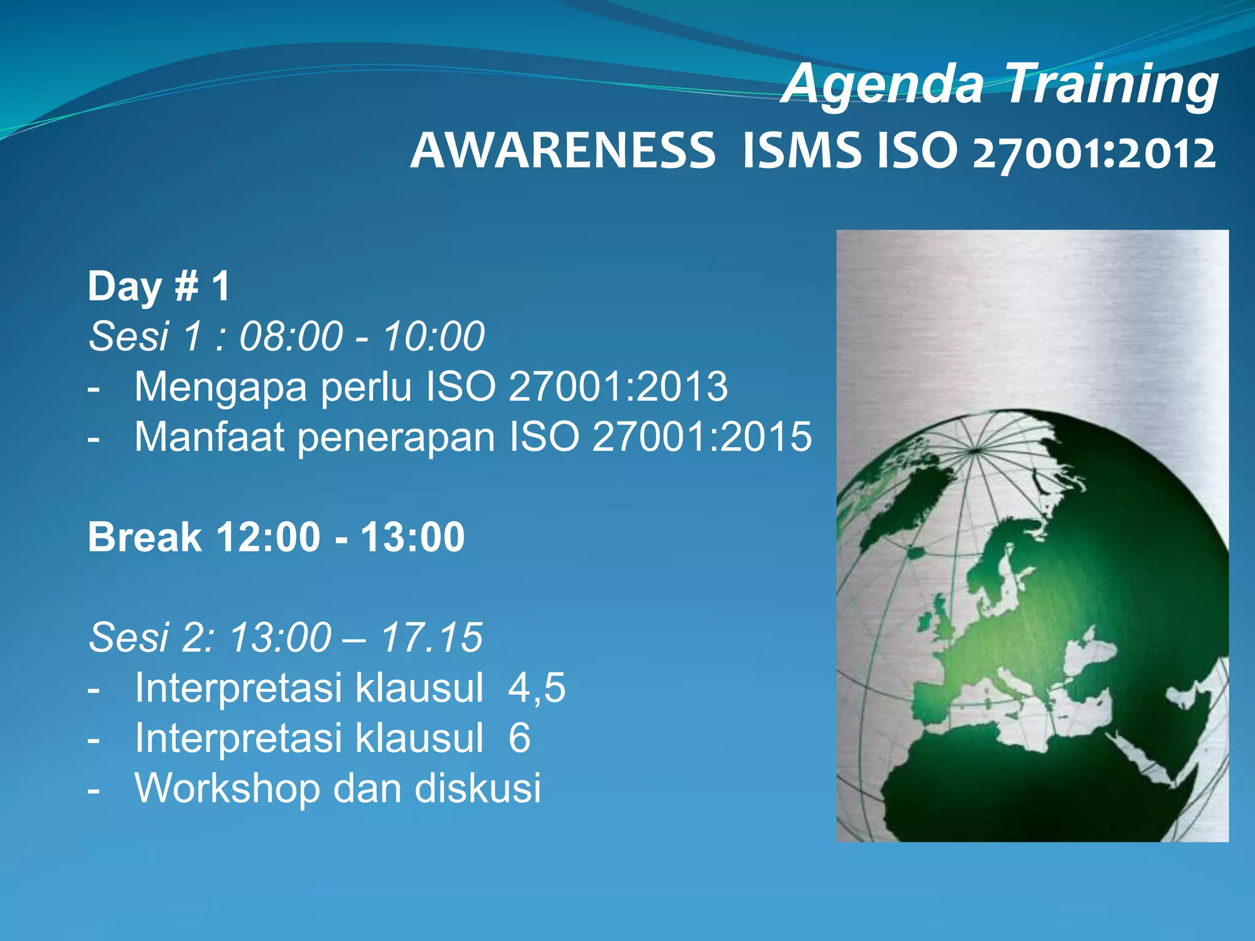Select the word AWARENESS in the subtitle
point(563,151)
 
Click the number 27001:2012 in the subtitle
point(1094,153)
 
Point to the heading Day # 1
point(159,286)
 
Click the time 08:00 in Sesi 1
point(290,336)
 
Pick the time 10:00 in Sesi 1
point(433,336)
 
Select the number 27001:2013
point(618,387)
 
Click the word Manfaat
point(209,437)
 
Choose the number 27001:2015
point(702,437)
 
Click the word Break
point(145,537)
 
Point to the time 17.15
point(431,638)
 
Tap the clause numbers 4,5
point(537,687)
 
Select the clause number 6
point(519,738)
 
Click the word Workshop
point(227,788)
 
